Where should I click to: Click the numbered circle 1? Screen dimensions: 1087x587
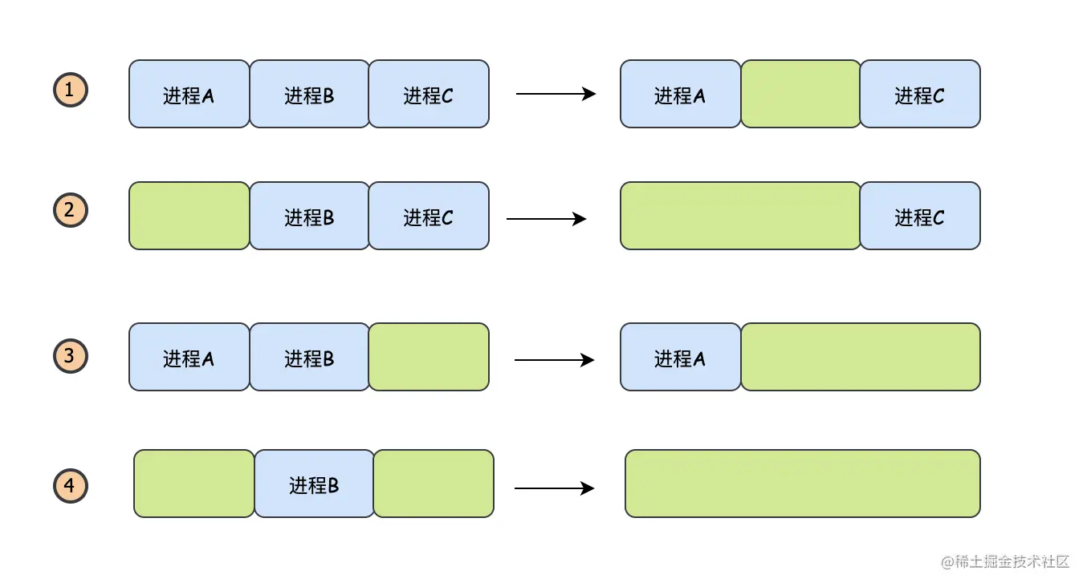coord(71,90)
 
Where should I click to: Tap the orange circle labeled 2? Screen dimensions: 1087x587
coord(71,210)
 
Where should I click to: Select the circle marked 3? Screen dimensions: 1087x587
coord(71,356)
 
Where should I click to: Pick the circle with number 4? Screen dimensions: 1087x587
coord(71,485)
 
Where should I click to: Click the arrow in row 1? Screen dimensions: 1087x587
coord(556,94)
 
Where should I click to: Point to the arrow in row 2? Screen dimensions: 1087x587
coord(547,219)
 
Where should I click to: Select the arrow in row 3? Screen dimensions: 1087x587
coord(555,360)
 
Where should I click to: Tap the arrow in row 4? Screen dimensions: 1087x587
coord(555,488)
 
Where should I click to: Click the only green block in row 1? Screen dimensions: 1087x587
coord(800,94)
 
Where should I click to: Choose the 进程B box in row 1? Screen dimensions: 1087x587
coord(310,94)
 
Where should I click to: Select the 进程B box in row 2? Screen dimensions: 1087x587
coord(310,216)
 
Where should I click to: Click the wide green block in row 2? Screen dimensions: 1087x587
coord(740,216)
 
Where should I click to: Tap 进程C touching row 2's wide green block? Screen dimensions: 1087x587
coord(920,216)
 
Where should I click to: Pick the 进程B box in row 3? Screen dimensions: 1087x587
coord(310,357)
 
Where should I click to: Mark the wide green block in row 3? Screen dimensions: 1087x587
coord(861,357)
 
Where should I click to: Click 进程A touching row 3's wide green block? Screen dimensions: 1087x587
coord(680,357)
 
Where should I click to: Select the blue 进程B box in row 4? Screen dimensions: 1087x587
coord(315,484)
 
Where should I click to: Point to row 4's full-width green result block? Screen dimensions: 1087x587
coord(803,484)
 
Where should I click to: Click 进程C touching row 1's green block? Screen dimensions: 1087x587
coord(920,94)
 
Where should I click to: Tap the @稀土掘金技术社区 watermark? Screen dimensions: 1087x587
coord(1005,562)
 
